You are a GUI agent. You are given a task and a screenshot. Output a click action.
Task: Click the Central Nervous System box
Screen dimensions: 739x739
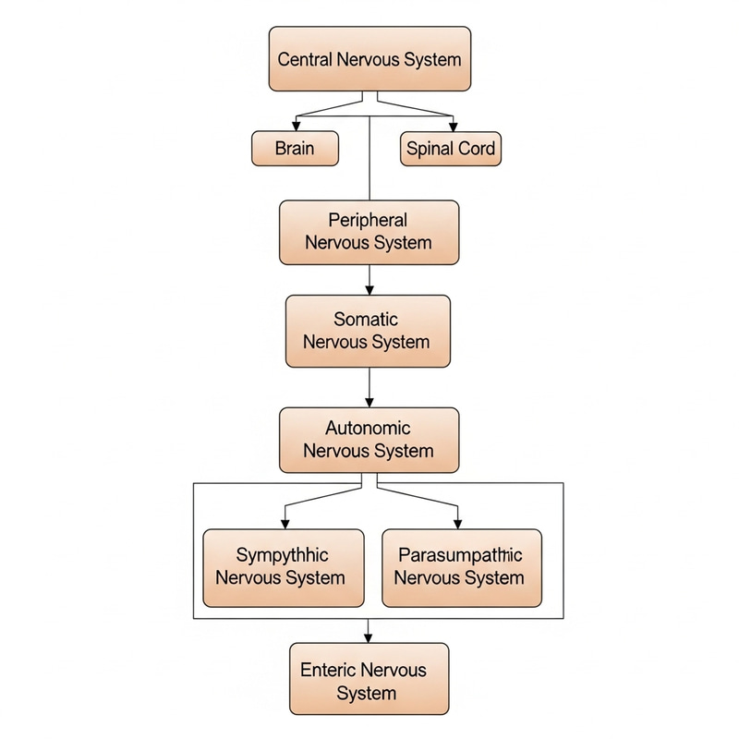tap(369, 59)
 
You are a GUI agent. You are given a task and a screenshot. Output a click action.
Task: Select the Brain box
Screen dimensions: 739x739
tap(295, 148)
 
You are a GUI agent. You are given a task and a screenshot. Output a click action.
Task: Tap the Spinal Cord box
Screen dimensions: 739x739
tap(451, 148)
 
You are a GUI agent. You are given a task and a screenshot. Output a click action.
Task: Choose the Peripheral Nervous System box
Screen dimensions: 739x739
tap(369, 232)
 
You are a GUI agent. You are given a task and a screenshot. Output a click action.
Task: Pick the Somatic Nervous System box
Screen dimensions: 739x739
tap(369, 331)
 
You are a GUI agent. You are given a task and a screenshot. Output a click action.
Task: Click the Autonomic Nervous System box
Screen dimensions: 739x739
tap(369, 440)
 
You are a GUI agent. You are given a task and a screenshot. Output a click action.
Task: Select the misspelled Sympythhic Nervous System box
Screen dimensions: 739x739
tap(283, 567)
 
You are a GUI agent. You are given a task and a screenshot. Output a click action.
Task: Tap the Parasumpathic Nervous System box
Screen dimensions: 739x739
tap(461, 567)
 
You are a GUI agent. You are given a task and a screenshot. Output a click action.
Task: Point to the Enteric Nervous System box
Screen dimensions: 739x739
tap(368, 682)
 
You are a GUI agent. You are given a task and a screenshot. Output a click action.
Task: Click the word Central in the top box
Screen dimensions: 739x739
tap(307, 59)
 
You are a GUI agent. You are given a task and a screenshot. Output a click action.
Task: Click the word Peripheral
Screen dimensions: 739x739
tap(368, 221)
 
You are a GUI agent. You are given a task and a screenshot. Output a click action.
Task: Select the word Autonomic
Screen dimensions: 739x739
tap(368, 429)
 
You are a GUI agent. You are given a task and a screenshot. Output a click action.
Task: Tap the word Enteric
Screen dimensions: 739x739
tap(328, 671)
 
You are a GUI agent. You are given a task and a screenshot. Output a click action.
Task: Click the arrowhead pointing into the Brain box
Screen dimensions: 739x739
tap(296, 127)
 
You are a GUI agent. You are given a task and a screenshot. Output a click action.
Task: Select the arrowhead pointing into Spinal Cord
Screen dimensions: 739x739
tap(452, 127)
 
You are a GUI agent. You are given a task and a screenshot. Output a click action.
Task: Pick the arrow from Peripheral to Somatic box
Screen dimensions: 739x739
tap(369, 280)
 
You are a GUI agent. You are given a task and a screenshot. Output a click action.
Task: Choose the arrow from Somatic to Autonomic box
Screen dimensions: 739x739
tap(369, 387)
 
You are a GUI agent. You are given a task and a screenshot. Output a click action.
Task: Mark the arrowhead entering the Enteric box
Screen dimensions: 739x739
tap(369, 637)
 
